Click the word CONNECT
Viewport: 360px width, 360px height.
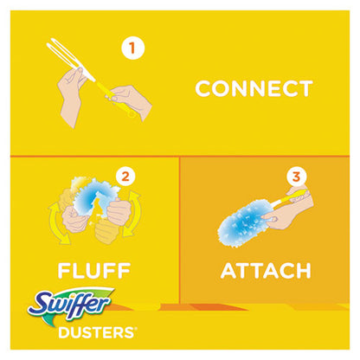coord(253,88)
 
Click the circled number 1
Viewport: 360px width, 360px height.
coord(133,49)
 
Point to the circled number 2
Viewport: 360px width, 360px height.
coord(126,177)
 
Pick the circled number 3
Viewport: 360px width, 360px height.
coord(297,177)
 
